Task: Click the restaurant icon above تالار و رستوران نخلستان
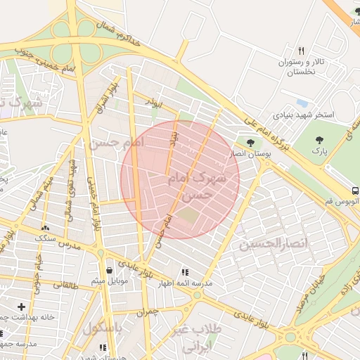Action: click(302, 51)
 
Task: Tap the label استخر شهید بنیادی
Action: click(304, 114)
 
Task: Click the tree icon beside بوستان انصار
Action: click(250, 143)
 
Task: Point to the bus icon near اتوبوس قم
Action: click(355, 191)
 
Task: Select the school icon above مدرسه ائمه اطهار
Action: click(185, 271)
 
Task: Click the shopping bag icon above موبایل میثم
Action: click(109, 270)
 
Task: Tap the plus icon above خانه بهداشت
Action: click(21, 307)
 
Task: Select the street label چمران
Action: click(147, 311)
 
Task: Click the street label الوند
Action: click(153, 103)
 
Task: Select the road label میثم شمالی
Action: click(47, 191)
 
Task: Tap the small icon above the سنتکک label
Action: click(46, 227)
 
